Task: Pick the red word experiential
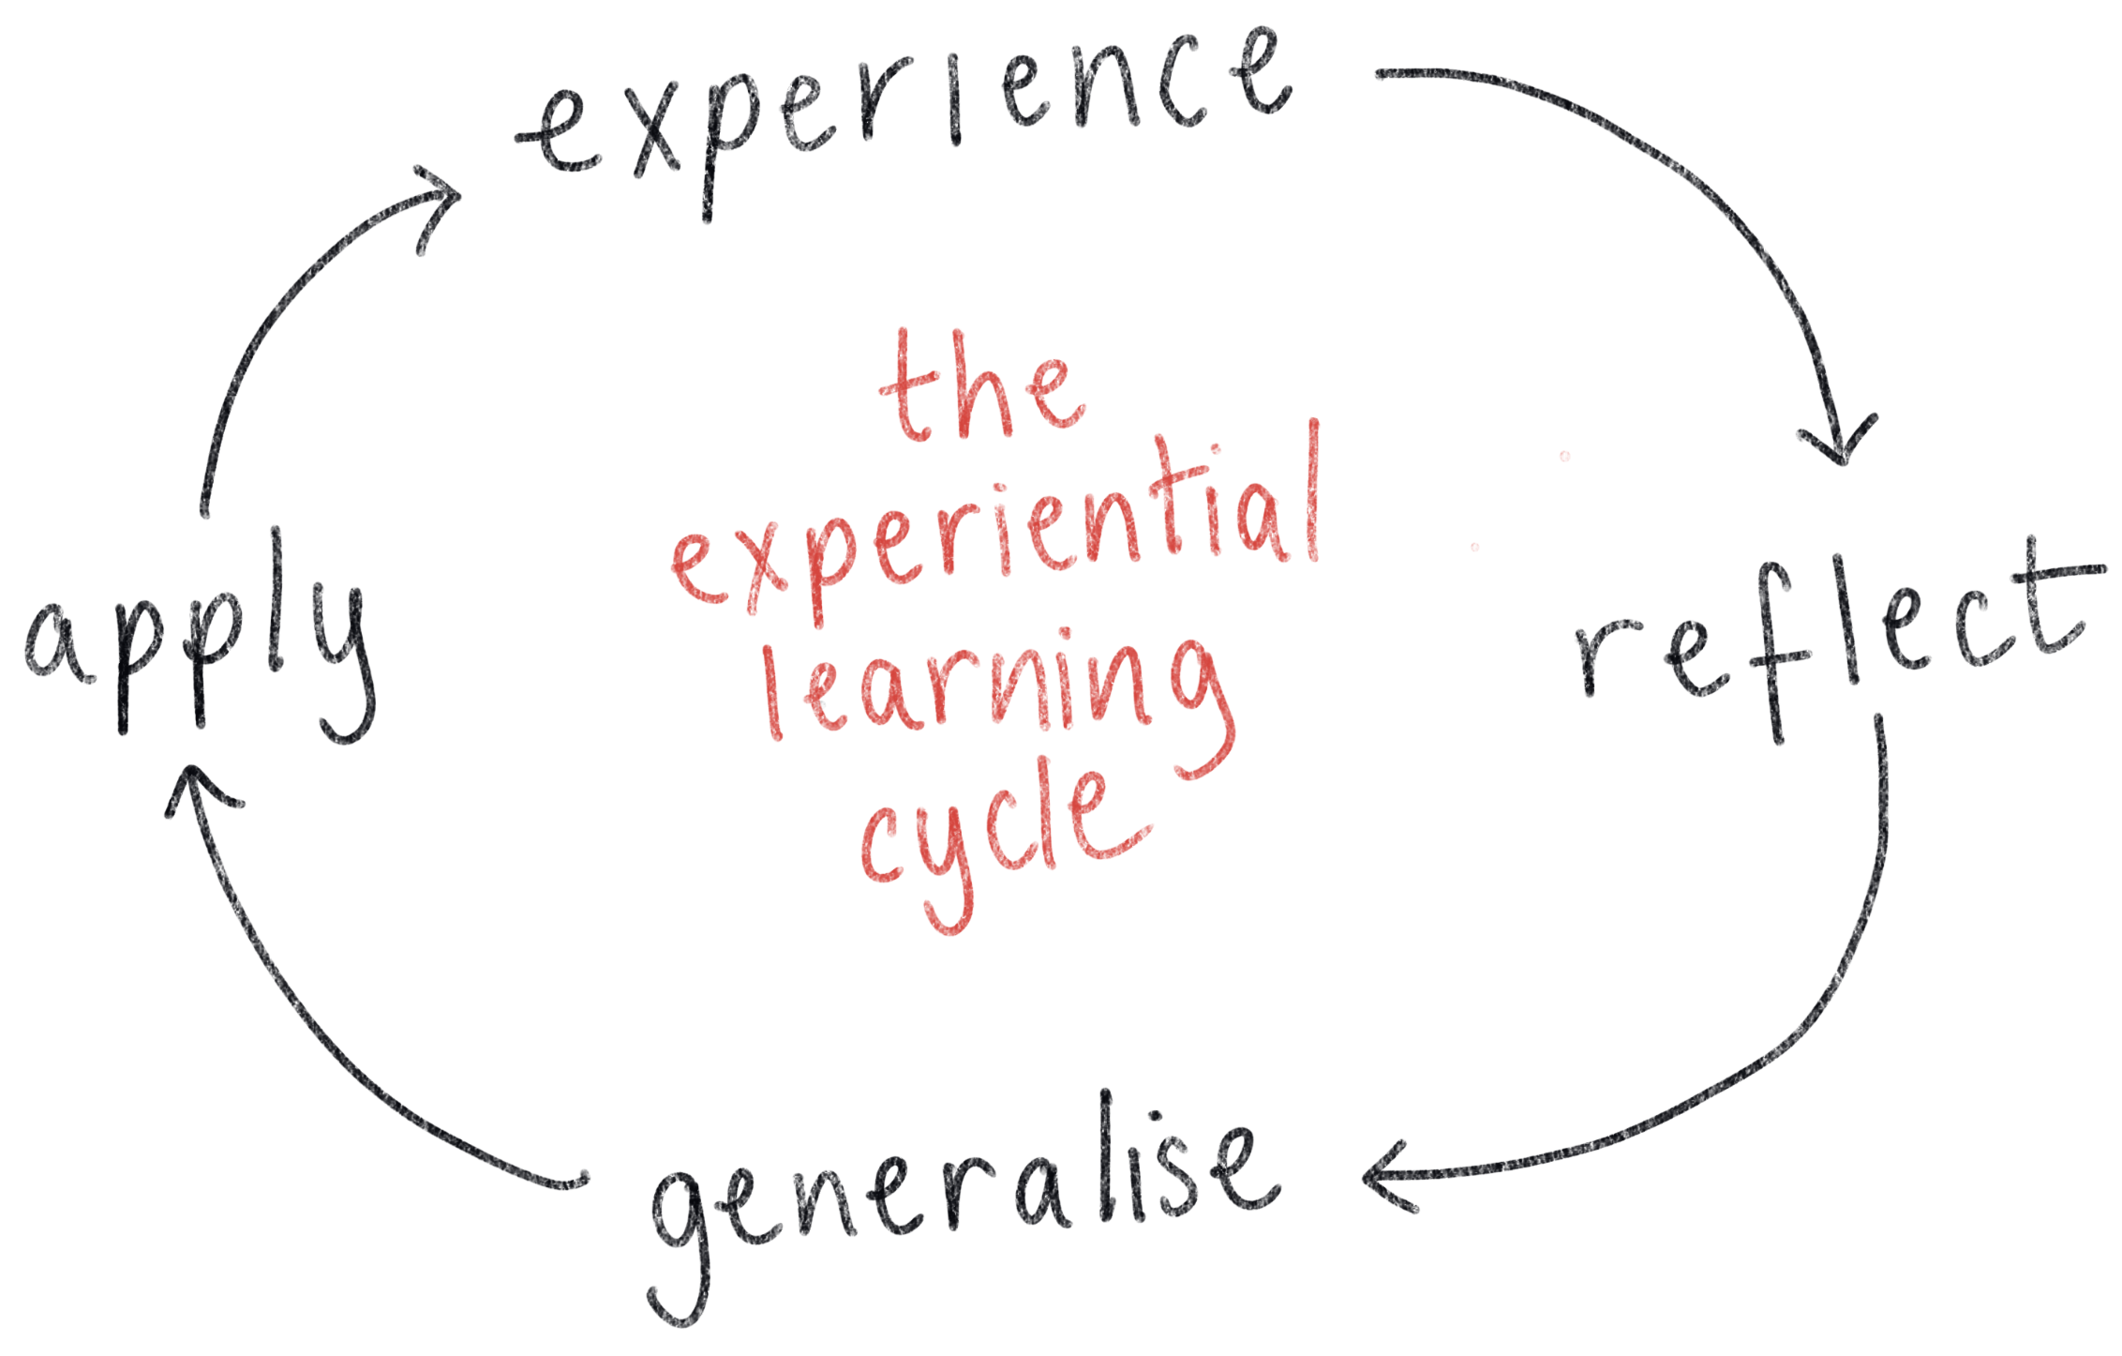(994, 535)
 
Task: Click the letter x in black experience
(661, 141)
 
